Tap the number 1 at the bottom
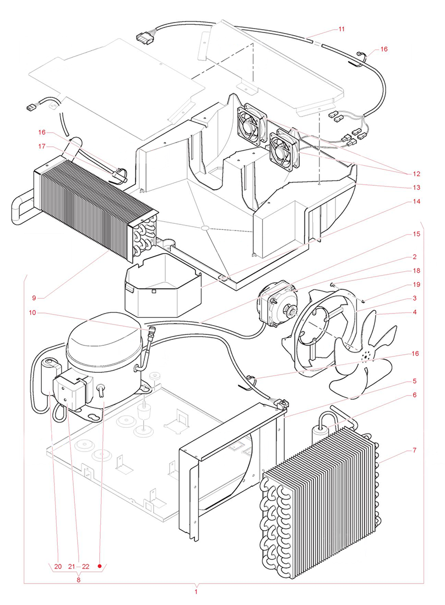point(196,592)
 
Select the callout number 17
point(41,147)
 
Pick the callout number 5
point(414,381)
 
